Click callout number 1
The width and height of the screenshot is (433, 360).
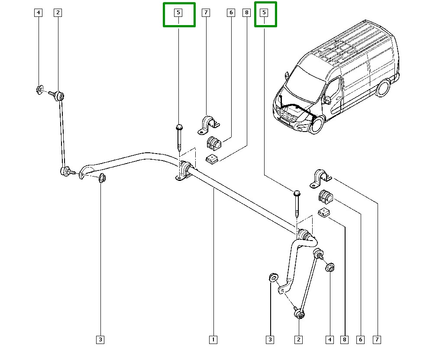coord(213,340)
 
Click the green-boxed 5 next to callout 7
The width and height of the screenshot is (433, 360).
coord(179,13)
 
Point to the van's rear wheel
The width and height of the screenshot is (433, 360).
coord(382,88)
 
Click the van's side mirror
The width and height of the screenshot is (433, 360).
coord(328,100)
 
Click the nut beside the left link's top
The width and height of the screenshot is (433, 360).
coord(39,90)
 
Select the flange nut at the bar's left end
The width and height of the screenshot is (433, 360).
coord(103,177)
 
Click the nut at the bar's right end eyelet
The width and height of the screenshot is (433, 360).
coord(273,277)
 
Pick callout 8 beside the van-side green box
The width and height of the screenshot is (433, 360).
coord(247,13)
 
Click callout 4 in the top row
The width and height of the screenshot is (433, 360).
coord(39,13)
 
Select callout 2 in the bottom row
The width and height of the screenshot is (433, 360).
coord(298,340)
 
